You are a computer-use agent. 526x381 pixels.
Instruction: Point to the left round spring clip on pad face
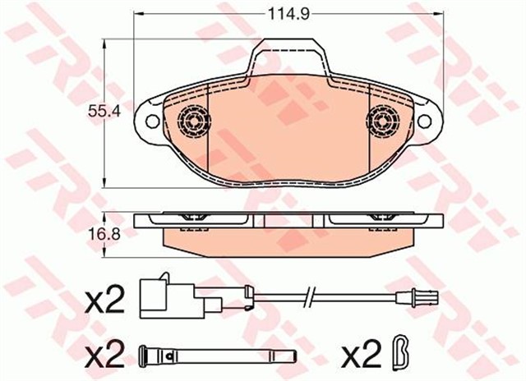(193, 123)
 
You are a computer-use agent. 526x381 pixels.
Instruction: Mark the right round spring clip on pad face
(382, 123)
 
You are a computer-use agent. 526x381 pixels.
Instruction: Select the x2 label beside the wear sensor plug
(104, 301)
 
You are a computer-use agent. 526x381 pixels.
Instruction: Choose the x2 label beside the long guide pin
(104, 355)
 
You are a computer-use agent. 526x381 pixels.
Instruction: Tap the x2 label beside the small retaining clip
(362, 355)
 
